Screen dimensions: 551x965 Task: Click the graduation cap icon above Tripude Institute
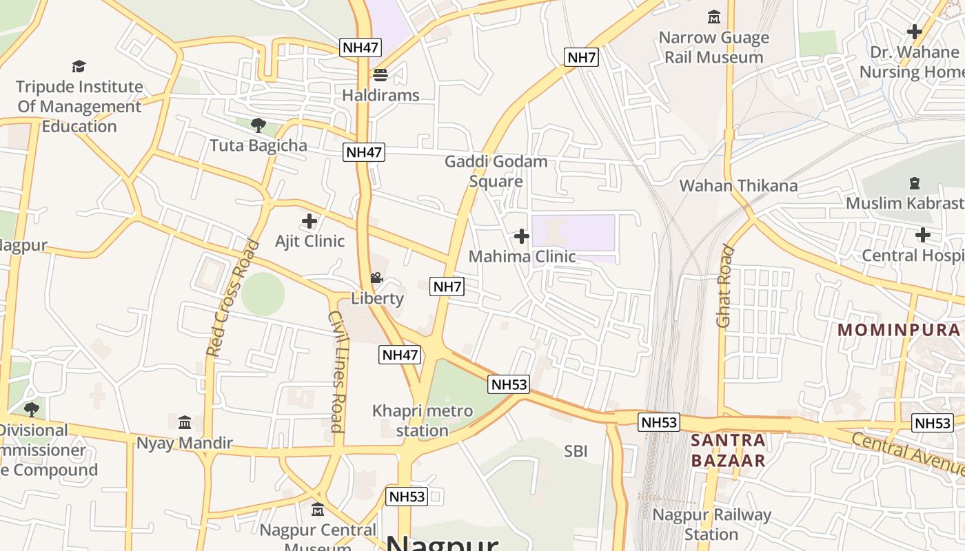click(79, 66)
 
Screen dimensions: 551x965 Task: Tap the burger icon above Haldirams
click(380, 74)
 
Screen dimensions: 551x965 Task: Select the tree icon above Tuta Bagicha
click(258, 125)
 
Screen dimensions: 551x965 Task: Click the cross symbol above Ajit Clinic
click(309, 221)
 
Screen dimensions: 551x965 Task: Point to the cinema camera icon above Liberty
click(376, 278)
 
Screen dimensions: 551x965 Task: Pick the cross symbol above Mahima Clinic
click(522, 236)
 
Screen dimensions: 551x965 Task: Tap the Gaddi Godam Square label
click(496, 171)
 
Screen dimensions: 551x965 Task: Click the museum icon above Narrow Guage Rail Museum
click(714, 17)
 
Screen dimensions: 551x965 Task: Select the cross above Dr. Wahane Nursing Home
click(915, 31)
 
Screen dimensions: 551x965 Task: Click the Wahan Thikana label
click(738, 185)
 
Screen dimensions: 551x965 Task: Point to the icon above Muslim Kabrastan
click(915, 183)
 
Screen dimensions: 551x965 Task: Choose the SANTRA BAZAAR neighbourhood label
click(728, 450)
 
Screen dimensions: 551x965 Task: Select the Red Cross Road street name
click(233, 298)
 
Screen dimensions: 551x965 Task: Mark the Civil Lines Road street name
click(336, 371)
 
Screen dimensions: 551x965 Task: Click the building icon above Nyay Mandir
click(185, 422)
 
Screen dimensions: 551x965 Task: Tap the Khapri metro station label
click(423, 421)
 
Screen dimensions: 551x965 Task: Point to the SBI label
click(576, 451)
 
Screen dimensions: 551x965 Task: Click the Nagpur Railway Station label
click(712, 524)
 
